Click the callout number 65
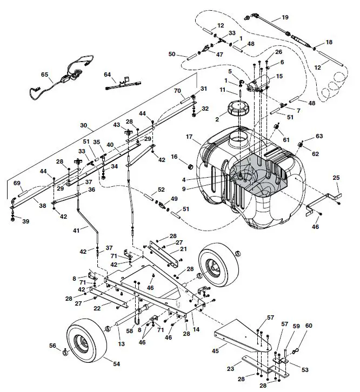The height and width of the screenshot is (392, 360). [44, 75]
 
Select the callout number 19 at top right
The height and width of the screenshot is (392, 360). [285, 17]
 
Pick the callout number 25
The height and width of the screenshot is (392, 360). [336, 178]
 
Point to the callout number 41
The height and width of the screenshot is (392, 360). [76, 230]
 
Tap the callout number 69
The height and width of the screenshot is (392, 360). [17, 183]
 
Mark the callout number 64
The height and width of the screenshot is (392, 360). [107, 75]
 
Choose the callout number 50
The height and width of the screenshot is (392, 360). [172, 54]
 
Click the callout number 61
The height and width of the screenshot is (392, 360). [286, 140]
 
